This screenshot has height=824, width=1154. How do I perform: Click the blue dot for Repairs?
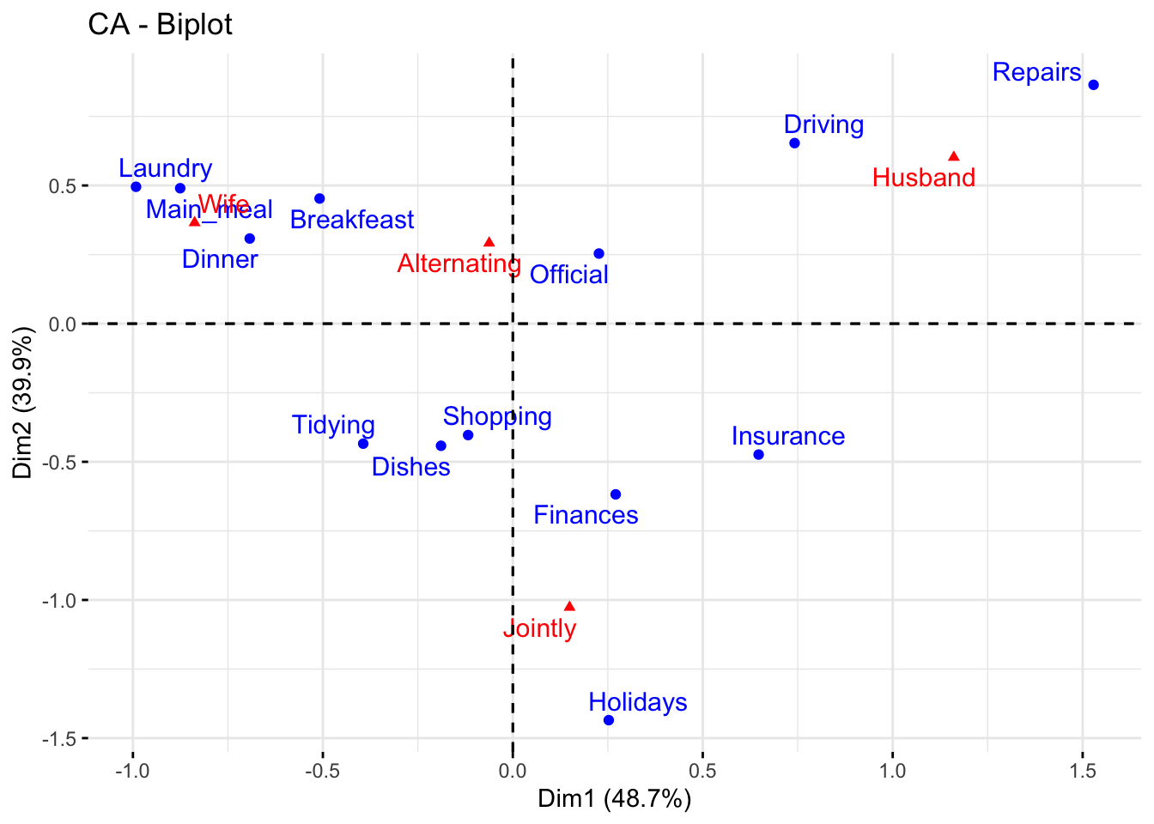click(x=1093, y=85)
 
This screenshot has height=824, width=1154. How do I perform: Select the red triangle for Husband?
click(x=953, y=156)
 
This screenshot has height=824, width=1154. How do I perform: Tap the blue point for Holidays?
click(x=609, y=720)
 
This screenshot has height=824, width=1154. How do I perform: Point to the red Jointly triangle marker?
click(x=569, y=607)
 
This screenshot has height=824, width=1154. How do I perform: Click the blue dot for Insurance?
click(x=758, y=455)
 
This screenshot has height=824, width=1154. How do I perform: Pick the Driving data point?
click(x=794, y=143)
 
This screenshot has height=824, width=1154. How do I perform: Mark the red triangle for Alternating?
click(x=489, y=243)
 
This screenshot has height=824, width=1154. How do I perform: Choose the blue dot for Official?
click(x=598, y=254)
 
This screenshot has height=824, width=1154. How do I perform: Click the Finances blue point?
click(x=616, y=494)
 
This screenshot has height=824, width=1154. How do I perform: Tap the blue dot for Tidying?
click(x=363, y=444)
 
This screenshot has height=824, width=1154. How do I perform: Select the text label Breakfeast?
click(x=352, y=220)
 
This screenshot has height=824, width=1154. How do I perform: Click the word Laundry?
click(x=166, y=168)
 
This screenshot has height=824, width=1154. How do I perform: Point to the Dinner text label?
click(x=220, y=259)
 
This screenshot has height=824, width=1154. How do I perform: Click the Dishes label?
click(x=411, y=467)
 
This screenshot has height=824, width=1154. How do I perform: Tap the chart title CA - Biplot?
click(x=160, y=24)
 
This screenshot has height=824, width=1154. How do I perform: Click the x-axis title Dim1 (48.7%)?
click(x=615, y=799)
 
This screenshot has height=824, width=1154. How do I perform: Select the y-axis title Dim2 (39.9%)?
click(x=23, y=403)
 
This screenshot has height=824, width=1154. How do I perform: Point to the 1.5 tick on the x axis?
click(x=1083, y=771)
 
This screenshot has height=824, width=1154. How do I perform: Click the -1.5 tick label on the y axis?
click(x=58, y=739)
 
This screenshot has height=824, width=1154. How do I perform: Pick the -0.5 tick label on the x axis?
click(x=322, y=771)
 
